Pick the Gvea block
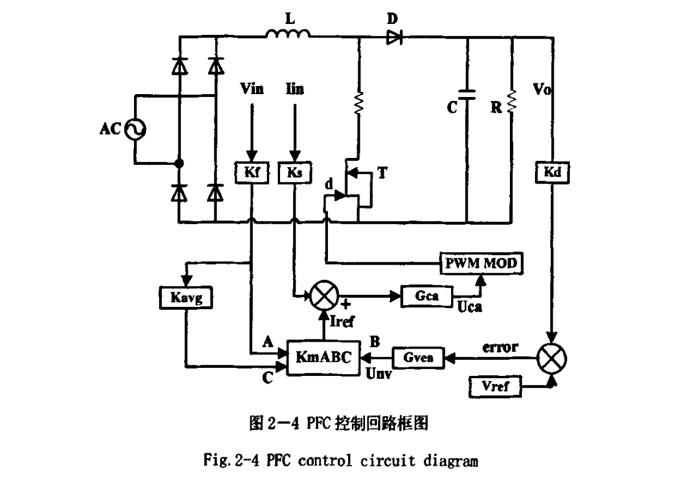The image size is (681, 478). tap(419, 358)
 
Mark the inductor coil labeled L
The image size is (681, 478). tap(288, 34)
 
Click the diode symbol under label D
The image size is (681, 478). tap(394, 38)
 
